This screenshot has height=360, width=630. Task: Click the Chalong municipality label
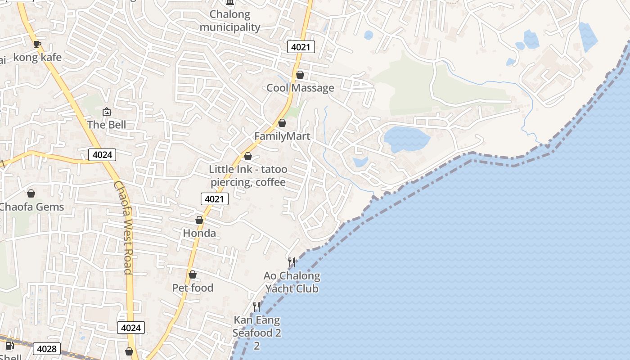coord(230,21)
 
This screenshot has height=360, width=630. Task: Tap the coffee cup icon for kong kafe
coord(37,44)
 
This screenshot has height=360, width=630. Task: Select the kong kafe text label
coord(37,58)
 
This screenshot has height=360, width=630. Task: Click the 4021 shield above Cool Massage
coord(301,47)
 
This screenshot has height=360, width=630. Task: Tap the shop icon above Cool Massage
coord(300,75)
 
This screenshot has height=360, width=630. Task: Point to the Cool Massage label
coord(300,88)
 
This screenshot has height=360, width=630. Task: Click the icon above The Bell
coord(107,112)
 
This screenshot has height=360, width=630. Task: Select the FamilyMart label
coord(282,136)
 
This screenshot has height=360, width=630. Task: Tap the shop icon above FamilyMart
coord(282,123)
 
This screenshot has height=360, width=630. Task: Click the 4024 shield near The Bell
coord(102,155)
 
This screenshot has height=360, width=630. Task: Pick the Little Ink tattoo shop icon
coord(247,157)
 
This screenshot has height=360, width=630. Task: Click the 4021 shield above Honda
coord(215,199)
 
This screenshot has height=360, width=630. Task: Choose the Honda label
coord(199,233)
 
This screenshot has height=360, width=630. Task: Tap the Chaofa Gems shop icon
coord(31,194)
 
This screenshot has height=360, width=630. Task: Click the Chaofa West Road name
coord(123,227)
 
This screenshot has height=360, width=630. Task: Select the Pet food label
coord(193,288)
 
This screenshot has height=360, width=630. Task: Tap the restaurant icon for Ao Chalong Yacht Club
coord(292,262)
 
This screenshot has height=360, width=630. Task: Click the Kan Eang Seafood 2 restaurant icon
coord(256,307)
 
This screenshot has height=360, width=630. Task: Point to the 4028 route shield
coord(47,349)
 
